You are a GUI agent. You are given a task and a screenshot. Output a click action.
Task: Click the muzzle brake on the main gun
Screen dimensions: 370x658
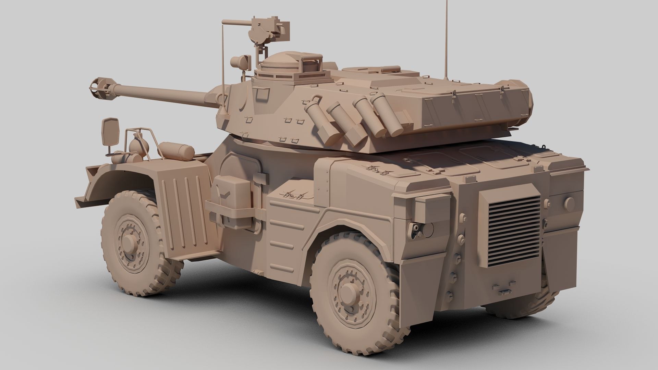[x=99, y=85]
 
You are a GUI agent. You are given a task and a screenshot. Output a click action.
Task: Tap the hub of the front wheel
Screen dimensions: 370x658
[x=130, y=244]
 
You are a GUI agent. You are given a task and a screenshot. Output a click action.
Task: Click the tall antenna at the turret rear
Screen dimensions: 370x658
[x=446, y=41]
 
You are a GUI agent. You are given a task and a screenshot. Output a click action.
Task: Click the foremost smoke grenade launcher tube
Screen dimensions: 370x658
[x=314, y=116]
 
